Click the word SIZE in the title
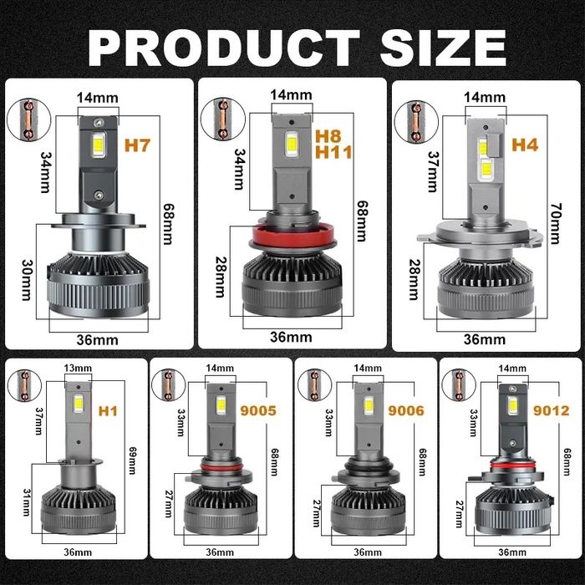pyautogui.click(x=443, y=48)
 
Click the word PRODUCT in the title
pyautogui.click(x=224, y=48)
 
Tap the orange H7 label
pyautogui.click(x=137, y=145)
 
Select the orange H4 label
pyautogui.click(x=525, y=145)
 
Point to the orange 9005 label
pyautogui.click(x=258, y=410)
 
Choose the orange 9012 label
pyautogui.click(x=552, y=410)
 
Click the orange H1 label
pyautogui.click(x=108, y=411)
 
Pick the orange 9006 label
pyautogui.click(x=406, y=410)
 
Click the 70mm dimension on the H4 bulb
pyautogui.click(x=556, y=223)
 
